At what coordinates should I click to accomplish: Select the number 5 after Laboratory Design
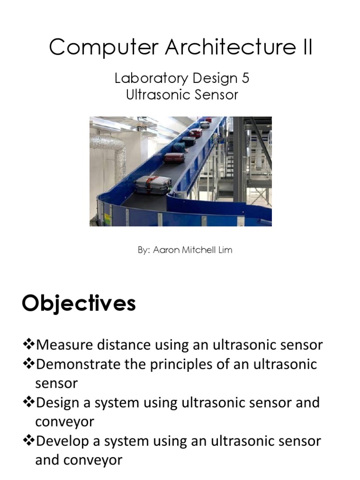tap(245, 78)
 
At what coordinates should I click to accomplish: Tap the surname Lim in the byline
tap(225, 250)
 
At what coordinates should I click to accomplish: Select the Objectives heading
tap(79, 304)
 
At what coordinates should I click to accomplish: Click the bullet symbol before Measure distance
tap(29, 345)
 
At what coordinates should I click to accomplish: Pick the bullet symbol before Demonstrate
tap(29, 364)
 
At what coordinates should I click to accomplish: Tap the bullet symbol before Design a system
tap(29, 403)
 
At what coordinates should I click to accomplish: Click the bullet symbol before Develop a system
tap(29, 441)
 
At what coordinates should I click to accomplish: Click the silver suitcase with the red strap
tap(153, 186)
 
